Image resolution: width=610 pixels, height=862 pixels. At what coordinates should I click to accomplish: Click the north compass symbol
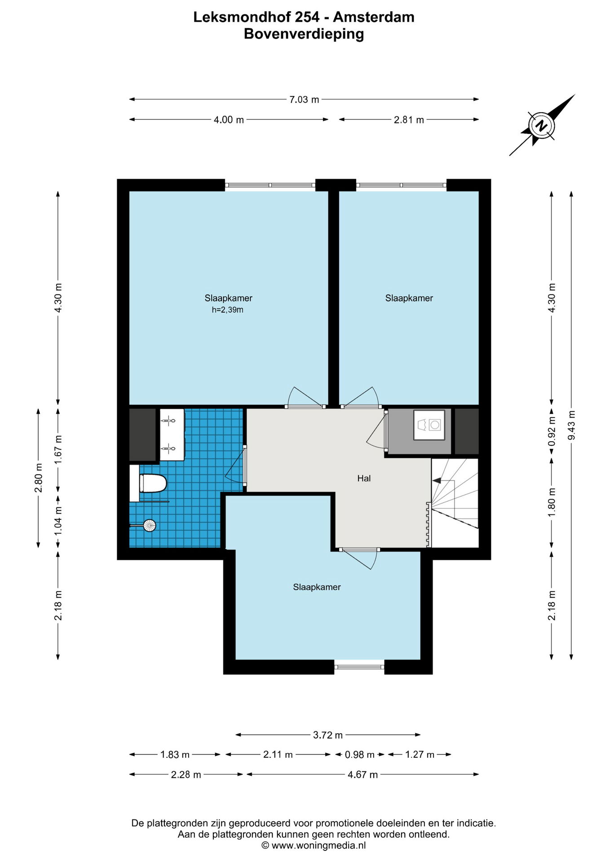coord(542,125)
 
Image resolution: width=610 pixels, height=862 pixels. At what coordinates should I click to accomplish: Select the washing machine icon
coord(429,425)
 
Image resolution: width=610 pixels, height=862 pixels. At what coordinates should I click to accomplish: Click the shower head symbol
coord(149,525)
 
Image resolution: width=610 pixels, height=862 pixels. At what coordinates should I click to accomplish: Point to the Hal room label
coord(364,478)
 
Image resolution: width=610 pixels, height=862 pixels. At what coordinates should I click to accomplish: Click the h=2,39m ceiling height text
coord(228,310)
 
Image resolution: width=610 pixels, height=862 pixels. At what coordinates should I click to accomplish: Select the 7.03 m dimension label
coord(304,99)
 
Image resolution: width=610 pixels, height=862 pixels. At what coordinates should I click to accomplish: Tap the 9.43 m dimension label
coord(571,425)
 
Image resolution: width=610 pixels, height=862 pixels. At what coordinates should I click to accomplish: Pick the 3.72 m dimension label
coord(328,735)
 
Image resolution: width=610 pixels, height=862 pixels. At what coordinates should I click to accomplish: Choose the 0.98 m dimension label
coord(360,755)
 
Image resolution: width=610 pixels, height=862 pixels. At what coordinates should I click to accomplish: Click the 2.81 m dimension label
coord(409,120)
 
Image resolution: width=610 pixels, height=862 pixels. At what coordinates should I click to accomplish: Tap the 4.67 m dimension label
coord(362,774)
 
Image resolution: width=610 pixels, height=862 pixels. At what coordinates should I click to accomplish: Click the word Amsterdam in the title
coord(374,17)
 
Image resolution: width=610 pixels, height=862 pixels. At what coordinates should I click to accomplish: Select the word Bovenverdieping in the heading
coord(304,34)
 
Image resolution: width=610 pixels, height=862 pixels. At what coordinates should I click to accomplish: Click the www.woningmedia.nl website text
coord(318,845)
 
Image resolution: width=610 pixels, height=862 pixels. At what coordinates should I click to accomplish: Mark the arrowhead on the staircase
coord(436,480)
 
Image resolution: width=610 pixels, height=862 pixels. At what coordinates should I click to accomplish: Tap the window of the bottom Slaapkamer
coord(359,667)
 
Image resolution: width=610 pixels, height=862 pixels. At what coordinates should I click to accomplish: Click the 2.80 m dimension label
coord(38,478)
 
